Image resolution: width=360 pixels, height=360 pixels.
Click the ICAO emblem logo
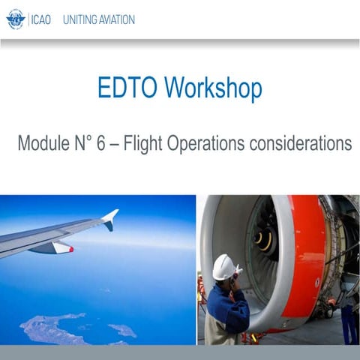click(x=15, y=19)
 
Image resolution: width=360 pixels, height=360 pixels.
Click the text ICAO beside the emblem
click(x=40, y=19)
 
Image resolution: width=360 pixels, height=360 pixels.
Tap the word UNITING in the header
click(x=81, y=19)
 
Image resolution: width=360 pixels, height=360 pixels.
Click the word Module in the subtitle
click(x=44, y=143)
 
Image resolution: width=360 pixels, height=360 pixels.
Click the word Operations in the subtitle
click(x=216, y=143)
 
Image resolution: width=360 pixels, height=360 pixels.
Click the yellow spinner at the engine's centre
click(x=263, y=239)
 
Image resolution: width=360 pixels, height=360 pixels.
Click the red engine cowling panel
click(x=307, y=255)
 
